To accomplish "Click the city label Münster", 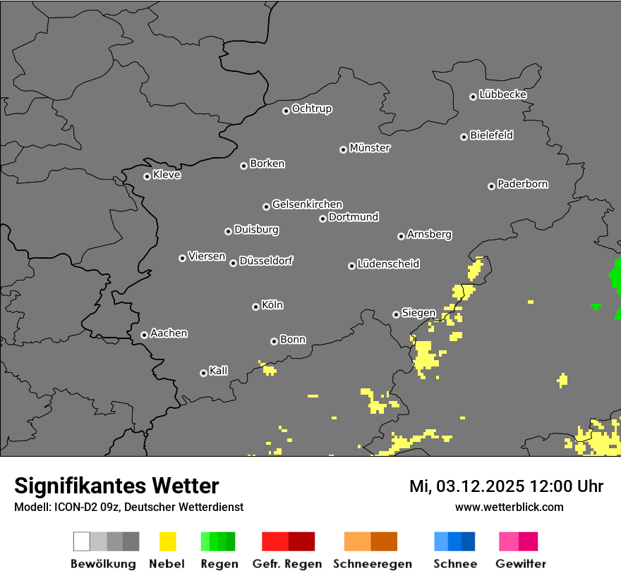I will click(370, 148).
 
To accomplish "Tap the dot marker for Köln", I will click(255, 307).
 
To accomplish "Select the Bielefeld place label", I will click(492, 135).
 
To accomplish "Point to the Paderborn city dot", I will click(491, 186).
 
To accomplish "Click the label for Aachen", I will click(169, 333).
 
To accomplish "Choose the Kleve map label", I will click(167, 175).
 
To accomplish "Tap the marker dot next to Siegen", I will click(396, 314).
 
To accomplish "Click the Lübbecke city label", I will click(502, 94).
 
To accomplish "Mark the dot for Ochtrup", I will click(286, 110).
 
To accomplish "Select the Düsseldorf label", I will click(266, 261).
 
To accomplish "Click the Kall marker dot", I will click(203, 373).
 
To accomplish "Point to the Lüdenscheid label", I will click(388, 264).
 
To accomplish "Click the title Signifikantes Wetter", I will click(116, 486).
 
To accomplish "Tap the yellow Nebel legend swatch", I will click(167, 541).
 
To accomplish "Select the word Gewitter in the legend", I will click(521, 564).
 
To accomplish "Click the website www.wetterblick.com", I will click(509, 507).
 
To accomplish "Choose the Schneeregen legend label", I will click(372, 564).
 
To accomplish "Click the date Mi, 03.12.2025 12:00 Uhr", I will click(506, 486).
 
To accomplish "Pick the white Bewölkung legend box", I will click(82, 541).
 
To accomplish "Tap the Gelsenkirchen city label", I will click(307, 204).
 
